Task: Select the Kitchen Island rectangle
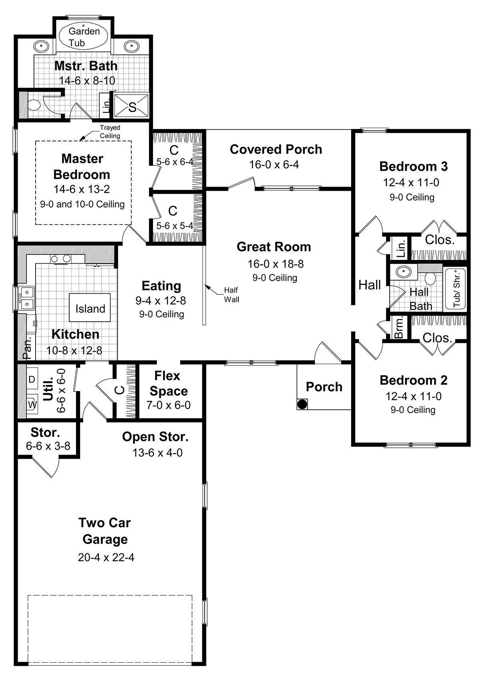pyautogui.click(x=90, y=308)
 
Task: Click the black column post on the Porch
pyautogui.click(x=302, y=404)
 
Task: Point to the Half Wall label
pyautogui.click(x=231, y=294)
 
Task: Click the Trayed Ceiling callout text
pyautogui.click(x=110, y=132)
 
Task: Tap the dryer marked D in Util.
pyautogui.click(x=32, y=379)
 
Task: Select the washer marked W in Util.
pyautogui.click(x=32, y=405)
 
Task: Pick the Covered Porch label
pyautogui.click(x=276, y=149)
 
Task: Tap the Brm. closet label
pyautogui.click(x=399, y=328)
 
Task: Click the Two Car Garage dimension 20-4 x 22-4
pyautogui.click(x=106, y=557)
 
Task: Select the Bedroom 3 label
pyautogui.click(x=413, y=166)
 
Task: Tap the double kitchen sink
pyautogui.click(x=26, y=298)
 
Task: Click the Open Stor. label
pyautogui.click(x=155, y=437)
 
